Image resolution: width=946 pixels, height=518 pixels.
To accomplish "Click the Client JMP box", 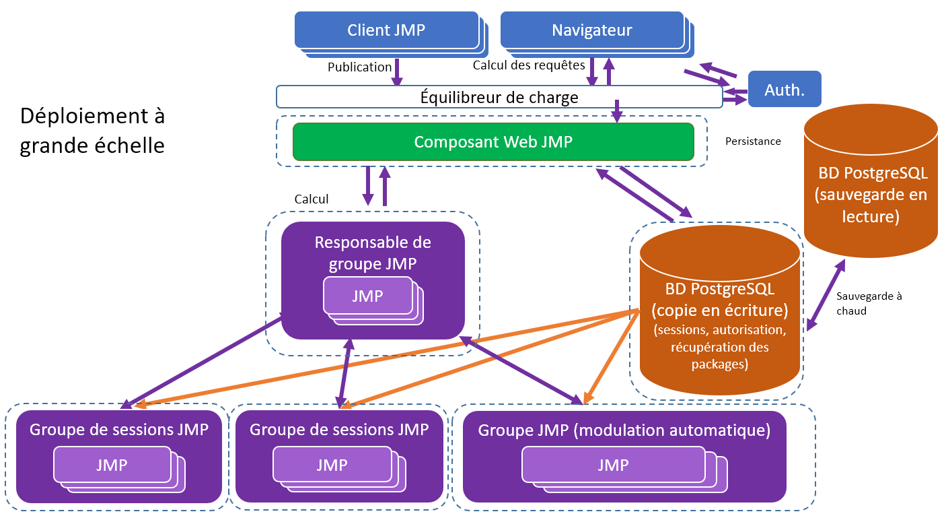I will (x=386, y=30).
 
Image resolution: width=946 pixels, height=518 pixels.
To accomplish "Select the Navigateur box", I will (x=591, y=30).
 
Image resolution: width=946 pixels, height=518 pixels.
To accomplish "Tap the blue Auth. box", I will (x=785, y=89).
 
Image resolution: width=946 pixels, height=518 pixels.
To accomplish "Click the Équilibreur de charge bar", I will (x=499, y=97).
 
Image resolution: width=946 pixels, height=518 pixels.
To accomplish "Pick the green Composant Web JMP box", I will (x=493, y=142).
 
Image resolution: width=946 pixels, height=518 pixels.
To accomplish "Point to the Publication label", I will (x=359, y=67).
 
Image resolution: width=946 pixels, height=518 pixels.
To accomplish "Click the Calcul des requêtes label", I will (x=529, y=66).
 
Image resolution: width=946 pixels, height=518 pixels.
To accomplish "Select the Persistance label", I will (x=753, y=141).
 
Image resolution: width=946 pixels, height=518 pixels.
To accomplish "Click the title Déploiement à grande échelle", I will (x=92, y=131).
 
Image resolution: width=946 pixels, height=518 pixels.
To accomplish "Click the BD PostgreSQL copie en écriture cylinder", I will (x=719, y=317).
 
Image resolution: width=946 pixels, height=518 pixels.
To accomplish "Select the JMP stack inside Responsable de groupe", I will (x=368, y=296).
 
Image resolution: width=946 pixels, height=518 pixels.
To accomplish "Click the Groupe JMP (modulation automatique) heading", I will (x=624, y=430).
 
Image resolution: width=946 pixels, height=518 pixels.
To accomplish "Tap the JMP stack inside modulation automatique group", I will (x=612, y=465).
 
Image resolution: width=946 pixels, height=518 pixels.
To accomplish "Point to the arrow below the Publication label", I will (x=397, y=72).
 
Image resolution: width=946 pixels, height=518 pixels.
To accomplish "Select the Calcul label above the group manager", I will (x=312, y=199).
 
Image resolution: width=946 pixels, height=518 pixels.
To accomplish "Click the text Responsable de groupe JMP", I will (x=373, y=253).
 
